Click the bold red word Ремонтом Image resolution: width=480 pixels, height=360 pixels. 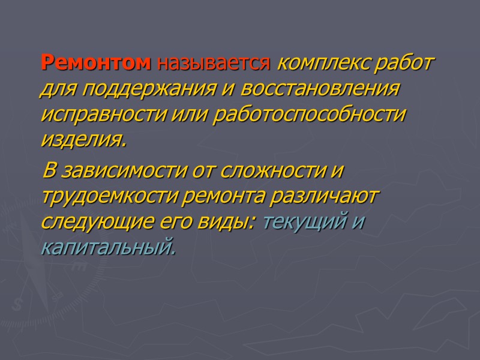click(x=96, y=62)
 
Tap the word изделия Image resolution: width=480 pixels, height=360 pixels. click(x=83, y=140)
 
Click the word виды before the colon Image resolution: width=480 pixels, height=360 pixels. click(x=232, y=223)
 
